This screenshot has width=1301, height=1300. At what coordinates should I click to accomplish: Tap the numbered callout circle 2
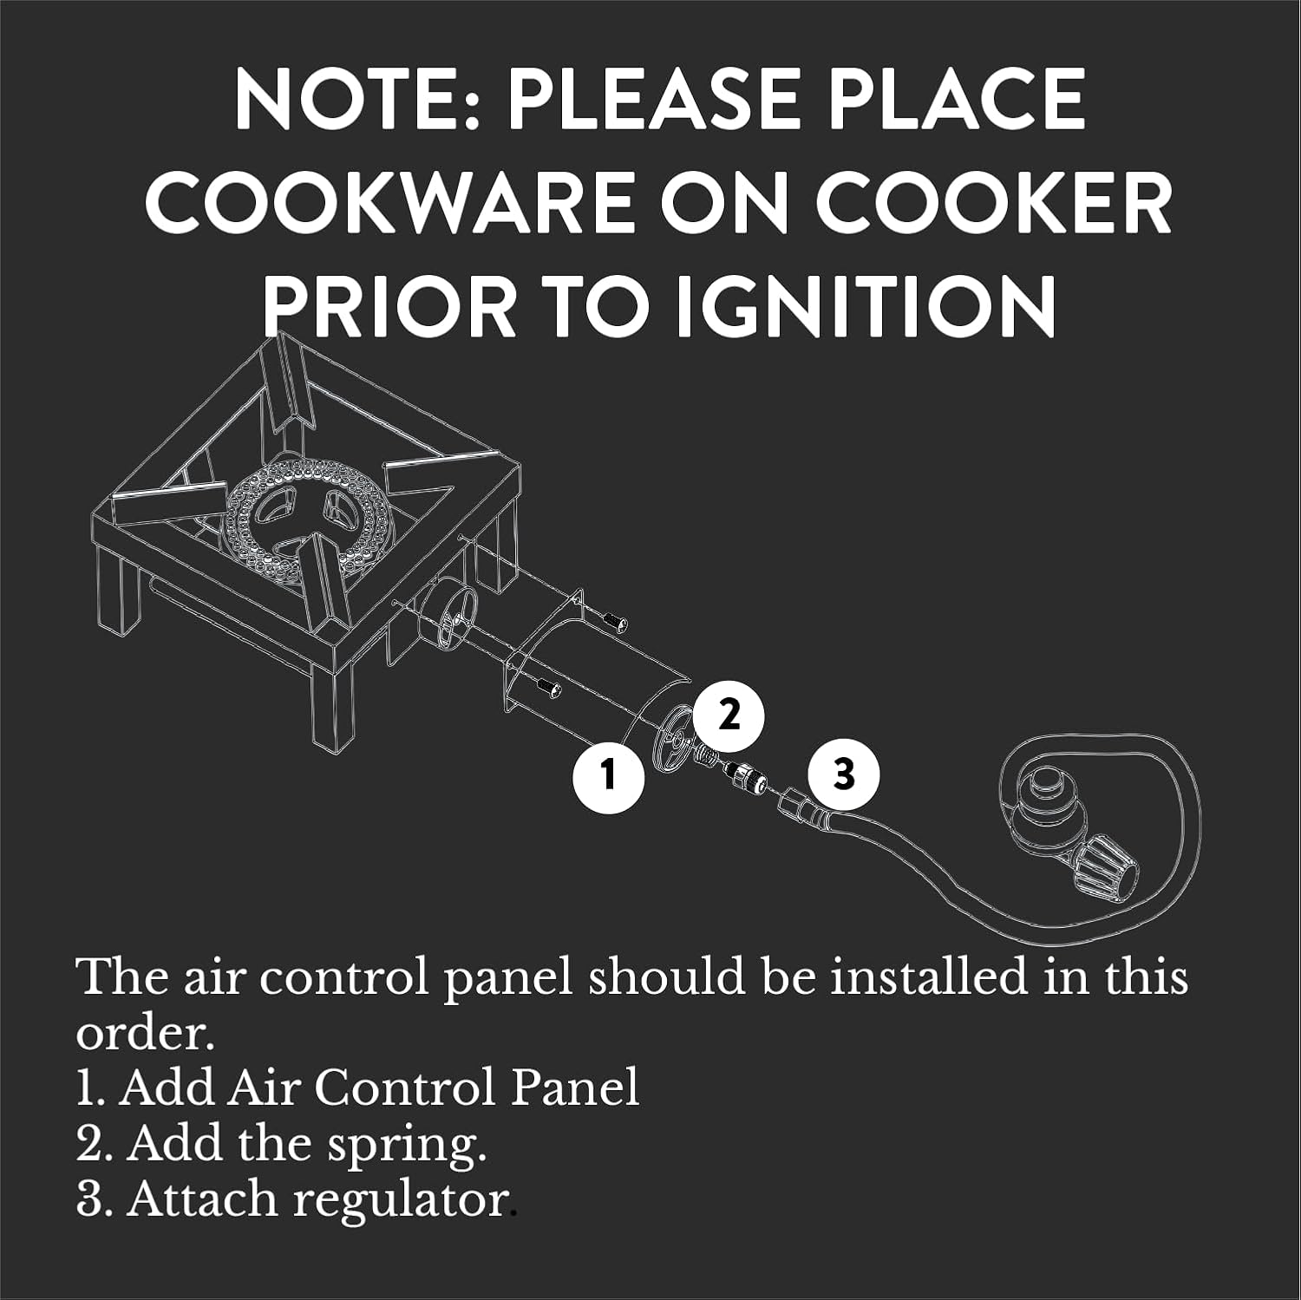tap(729, 715)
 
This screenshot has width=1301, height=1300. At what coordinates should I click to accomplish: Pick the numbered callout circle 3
tap(843, 774)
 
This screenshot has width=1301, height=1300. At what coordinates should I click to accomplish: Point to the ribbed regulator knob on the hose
tap(1104, 865)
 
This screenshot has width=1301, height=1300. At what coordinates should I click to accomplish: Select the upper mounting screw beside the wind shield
tap(615, 621)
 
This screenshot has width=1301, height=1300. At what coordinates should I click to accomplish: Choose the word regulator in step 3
tap(402, 1202)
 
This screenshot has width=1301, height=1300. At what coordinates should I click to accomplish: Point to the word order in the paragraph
tap(144, 1034)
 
